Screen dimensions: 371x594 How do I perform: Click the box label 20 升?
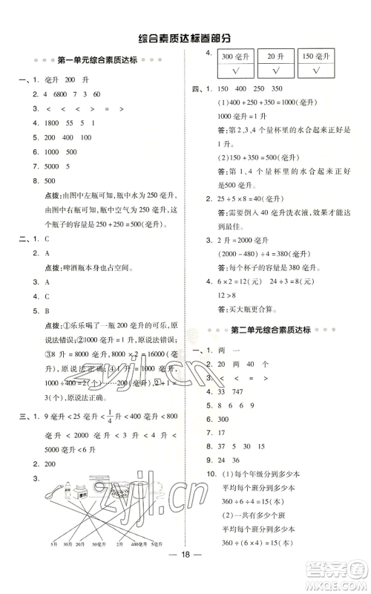tap(275, 56)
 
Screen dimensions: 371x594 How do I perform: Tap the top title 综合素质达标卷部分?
tap(185, 36)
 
